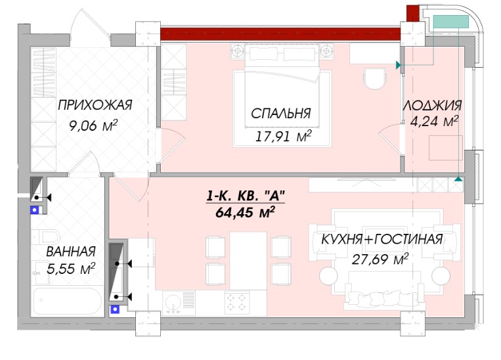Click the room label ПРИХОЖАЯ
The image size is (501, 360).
click(x=95, y=105)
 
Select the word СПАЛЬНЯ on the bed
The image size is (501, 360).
click(x=281, y=114)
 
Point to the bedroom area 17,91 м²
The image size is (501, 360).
click(x=283, y=137)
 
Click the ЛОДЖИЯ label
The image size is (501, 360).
click(x=432, y=106)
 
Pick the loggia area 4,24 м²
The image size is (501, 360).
click(x=434, y=122)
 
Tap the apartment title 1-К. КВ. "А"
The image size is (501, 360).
click(x=246, y=196)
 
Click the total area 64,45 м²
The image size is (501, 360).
click(x=246, y=212)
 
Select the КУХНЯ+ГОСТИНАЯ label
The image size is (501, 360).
click(x=381, y=239)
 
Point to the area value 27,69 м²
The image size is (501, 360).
click(x=380, y=259)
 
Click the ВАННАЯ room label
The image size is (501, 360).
click(x=71, y=252)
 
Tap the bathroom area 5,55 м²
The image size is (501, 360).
click(x=71, y=269)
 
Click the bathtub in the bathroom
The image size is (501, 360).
click(x=68, y=301)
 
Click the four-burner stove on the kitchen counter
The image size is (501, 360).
click(x=237, y=302)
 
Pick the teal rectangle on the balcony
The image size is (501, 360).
click(x=451, y=22)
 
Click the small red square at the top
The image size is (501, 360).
click(x=412, y=12)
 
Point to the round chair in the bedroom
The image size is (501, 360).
click(x=375, y=79)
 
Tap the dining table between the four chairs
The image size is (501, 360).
click(x=248, y=261)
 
